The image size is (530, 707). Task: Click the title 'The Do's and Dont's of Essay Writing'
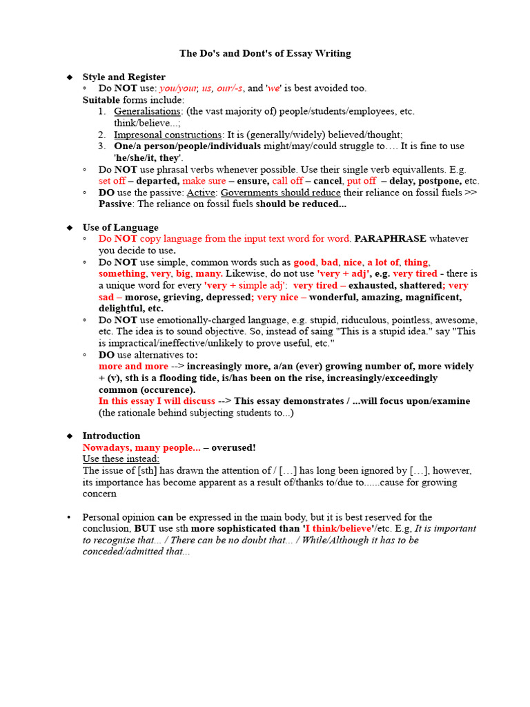tap(265, 53)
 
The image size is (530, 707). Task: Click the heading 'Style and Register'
tap(124, 77)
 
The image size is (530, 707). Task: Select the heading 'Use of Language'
tap(120, 227)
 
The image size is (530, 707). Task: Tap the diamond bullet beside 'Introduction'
tap(69, 436)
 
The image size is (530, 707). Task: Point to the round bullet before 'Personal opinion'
tap(69, 517)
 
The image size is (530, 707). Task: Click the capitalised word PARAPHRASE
tap(390, 239)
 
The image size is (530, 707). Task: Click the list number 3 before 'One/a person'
tap(101, 146)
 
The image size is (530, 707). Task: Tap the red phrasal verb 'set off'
tap(112, 181)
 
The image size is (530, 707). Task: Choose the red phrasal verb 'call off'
tap(288, 181)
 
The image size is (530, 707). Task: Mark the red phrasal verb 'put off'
tap(362, 181)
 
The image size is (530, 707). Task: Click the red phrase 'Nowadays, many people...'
tap(141, 447)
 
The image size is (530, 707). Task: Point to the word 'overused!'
tap(233, 447)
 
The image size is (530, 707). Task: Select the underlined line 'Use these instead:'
tap(121, 459)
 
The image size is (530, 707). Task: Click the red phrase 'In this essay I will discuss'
tap(157, 401)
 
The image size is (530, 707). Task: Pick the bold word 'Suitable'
tap(101, 99)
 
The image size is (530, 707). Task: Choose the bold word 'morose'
tap(141, 297)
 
